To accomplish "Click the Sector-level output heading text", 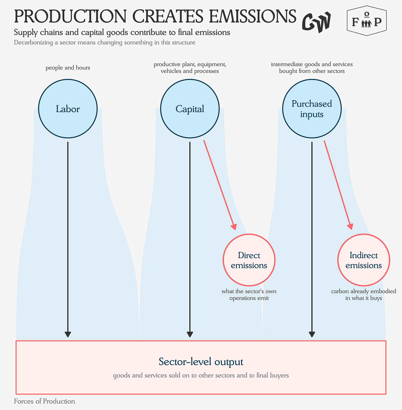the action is point(201,362).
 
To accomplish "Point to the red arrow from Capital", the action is point(220,185).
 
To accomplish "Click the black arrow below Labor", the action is point(68,239).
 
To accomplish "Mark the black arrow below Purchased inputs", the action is point(312,239).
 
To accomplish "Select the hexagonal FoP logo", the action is point(366,21).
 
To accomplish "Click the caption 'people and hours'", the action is point(68,68).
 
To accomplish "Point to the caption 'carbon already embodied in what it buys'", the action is point(364,295).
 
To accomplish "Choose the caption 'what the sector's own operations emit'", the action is point(249,295).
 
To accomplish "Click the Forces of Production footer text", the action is point(44,401).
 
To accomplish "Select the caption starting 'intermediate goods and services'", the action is point(312,68).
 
